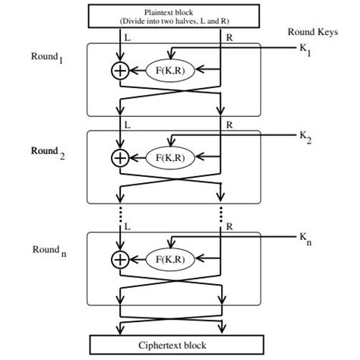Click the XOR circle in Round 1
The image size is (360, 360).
click(x=120, y=71)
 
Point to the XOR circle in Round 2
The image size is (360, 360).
click(x=120, y=157)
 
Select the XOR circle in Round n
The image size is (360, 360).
click(x=120, y=259)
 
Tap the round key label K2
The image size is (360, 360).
click(x=306, y=138)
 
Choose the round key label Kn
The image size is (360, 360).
click(x=306, y=240)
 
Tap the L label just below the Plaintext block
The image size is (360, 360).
click(x=126, y=36)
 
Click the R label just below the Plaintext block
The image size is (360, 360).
click(x=228, y=36)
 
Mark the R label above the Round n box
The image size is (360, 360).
click(x=229, y=226)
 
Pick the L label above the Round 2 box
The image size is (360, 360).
click(x=126, y=122)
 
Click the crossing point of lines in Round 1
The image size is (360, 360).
click(x=170, y=96)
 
